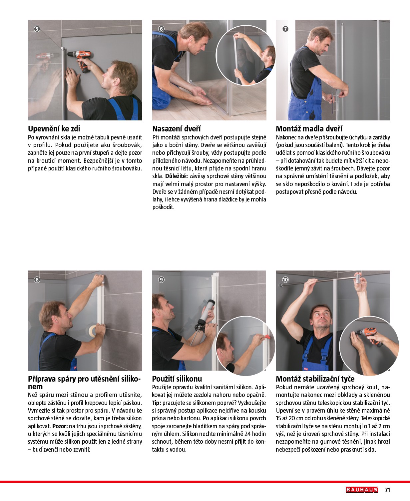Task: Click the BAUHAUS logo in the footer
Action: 362,490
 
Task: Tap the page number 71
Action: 387,490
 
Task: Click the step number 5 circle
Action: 37,29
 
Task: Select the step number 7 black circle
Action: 285,29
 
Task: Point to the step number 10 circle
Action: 285,280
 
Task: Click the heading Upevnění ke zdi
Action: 54,129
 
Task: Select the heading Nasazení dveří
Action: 176,129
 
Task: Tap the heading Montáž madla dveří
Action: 309,129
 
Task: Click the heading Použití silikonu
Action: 177,379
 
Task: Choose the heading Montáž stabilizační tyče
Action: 315,379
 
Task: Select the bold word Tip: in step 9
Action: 157,403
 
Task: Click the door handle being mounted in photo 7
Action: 333,100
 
